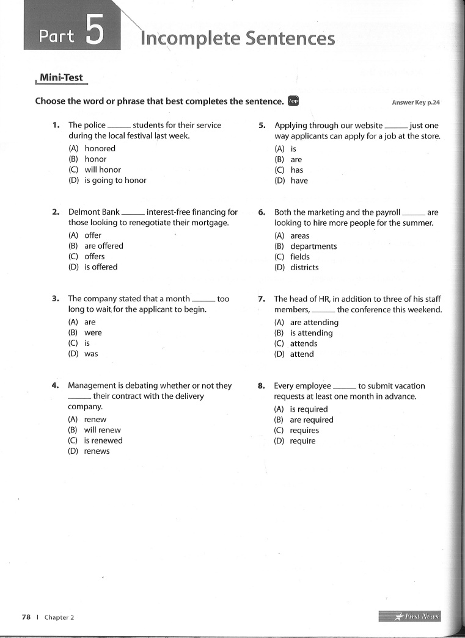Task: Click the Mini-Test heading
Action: click(x=61, y=78)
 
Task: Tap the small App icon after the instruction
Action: click(x=293, y=101)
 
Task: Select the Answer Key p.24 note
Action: click(x=416, y=102)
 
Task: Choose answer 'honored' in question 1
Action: click(x=100, y=148)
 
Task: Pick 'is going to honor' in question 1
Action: click(x=115, y=181)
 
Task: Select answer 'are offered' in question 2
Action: click(x=103, y=246)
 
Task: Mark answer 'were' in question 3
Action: click(x=93, y=332)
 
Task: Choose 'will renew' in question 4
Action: click(x=102, y=430)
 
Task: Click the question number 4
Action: click(x=55, y=385)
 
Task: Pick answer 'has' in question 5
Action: click(x=296, y=170)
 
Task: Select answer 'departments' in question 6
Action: click(x=313, y=246)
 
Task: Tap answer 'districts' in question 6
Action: click(x=304, y=267)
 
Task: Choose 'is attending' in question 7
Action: click(x=311, y=333)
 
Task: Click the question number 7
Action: click(x=261, y=299)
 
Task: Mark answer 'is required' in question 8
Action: click(x=309, y=409)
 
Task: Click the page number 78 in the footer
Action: click(x=26, y=617)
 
